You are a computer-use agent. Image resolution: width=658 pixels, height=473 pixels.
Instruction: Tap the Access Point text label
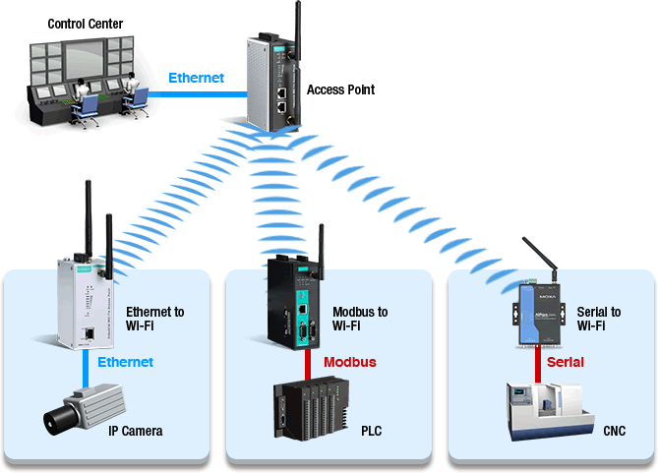click(x=340, y=89)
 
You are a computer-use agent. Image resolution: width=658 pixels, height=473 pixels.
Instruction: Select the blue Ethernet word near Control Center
click(x=196, y=78)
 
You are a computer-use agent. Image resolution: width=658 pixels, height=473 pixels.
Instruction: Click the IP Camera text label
click(x=135, y=431)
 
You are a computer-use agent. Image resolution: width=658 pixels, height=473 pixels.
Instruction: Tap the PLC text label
click(x=371, y=431)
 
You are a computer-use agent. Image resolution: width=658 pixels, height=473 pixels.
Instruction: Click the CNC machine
click(x=549, y=409)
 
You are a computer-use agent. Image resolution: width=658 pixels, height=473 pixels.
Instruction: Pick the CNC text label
click(x=614, y=431)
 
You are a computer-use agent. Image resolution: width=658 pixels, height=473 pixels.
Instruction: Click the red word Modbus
click(x=350, y=362)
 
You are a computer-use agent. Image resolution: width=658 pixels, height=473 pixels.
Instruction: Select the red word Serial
click(x=565, y=362)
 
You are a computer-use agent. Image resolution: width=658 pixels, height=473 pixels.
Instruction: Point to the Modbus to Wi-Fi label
click(x=360, y=319)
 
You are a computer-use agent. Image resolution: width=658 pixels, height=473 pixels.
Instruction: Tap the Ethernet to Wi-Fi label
click(x=155, y=319)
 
